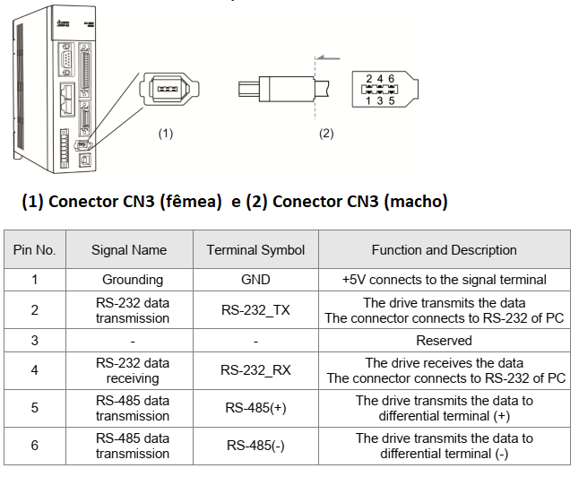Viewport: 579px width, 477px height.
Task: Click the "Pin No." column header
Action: [35, 250]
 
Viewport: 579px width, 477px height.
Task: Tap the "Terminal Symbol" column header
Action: [255, 250]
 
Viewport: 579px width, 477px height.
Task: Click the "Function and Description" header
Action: [444, 250]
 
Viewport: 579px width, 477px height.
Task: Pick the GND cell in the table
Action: [255, 280]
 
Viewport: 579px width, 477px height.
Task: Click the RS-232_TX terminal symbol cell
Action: [255, 310]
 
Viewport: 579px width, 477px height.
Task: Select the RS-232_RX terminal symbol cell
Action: [255, 370]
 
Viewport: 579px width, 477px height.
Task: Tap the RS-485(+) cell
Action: [255, 408]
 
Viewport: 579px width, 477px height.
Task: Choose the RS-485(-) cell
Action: [255, 446]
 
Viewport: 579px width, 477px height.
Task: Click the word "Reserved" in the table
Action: [444, 341]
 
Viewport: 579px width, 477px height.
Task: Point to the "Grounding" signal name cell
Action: [132, 280]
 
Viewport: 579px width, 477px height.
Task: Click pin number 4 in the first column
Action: [35, 370]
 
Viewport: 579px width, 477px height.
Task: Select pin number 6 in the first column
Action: [35, 446]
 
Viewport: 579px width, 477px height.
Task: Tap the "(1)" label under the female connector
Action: [165, 134]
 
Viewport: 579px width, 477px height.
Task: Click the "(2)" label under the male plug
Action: [326, 134]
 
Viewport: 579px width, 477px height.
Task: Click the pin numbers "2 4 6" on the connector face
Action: [380, 79]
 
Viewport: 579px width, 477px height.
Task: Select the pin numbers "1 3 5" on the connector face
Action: [380, 100]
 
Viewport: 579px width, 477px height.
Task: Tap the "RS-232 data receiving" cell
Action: [132, 370]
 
